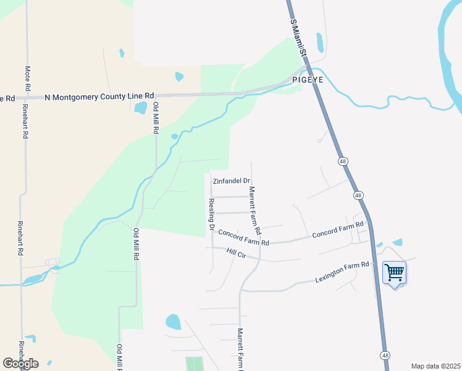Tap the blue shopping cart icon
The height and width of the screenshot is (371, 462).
(394, 272)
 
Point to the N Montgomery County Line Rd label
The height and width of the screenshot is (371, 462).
(99, 96)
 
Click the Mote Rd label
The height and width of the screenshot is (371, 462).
(27, 78)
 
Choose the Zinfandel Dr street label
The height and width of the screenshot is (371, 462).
(231, 181)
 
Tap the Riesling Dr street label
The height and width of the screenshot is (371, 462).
(211, 215)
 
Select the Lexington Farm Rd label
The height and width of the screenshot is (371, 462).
(342, 270)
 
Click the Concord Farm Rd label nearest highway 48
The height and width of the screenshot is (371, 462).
(337, 231)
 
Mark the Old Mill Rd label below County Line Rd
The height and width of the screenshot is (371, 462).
(156, 119)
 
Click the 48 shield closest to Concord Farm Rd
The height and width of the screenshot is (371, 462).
(358, 195)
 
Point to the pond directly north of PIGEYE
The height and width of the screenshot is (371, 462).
(320, 42)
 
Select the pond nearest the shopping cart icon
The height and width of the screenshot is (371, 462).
(397, 242)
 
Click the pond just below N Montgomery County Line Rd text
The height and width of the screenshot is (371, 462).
(140, 108)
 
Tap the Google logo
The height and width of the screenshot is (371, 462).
(20, 364)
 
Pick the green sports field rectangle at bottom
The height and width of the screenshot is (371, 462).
(193, 364)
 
